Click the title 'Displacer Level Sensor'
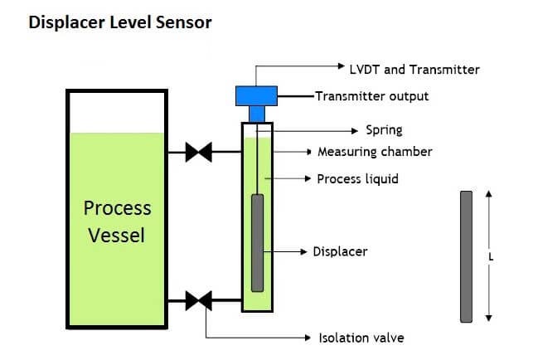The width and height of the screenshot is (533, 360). click(x=120, y=22)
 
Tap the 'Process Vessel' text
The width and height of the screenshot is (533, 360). click(x=117, y=221)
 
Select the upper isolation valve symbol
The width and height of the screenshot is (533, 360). click(x=198, y=153)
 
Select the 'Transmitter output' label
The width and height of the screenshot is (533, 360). click(x=372, y=96)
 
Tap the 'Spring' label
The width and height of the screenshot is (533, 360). click(x=384, y=130)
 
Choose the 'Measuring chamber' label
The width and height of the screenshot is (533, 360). click(x=375, y=152)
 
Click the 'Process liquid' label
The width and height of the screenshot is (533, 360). click(x=357, y=178)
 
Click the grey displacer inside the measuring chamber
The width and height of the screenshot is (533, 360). click(x=257, y=241)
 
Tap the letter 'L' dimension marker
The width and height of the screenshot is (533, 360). click(x=491, y=256)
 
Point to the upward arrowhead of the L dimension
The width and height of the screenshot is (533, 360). click(x=489, y=195)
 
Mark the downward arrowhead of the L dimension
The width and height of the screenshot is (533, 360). click(x=489, y=317)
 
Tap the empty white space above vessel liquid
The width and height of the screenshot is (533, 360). click(x=117, y=111)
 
